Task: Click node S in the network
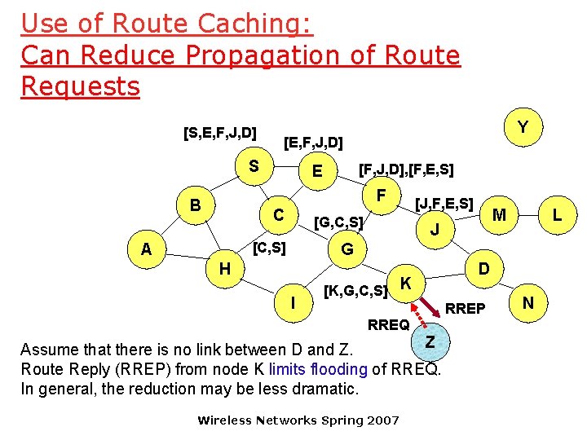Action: point(254,166)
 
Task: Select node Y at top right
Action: point(523,127)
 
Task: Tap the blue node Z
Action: point(430,341)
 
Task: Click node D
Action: point(483,268)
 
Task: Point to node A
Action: point(146,249)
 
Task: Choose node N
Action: point(527,303)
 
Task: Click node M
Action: point(500,213)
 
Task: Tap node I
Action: point(293,303)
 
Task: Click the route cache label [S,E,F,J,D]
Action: point(220,132)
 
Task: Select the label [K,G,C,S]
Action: point(355,290)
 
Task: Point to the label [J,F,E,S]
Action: point(444,203)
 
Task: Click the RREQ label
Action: point(388,324)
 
